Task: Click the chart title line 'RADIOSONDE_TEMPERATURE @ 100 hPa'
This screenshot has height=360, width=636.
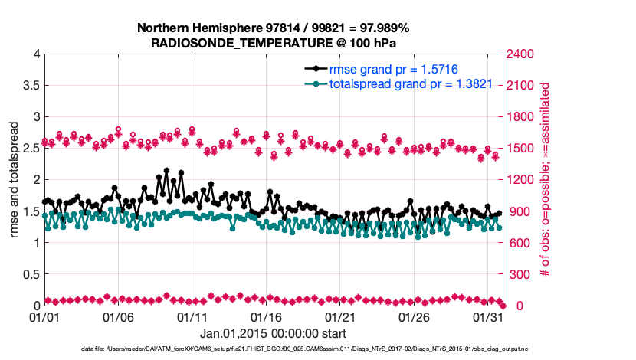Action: tap(273, 43)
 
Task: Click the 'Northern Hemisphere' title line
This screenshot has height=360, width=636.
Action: tap(273, 28)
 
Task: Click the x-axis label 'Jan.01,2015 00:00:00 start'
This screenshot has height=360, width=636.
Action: tap(273, 333)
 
